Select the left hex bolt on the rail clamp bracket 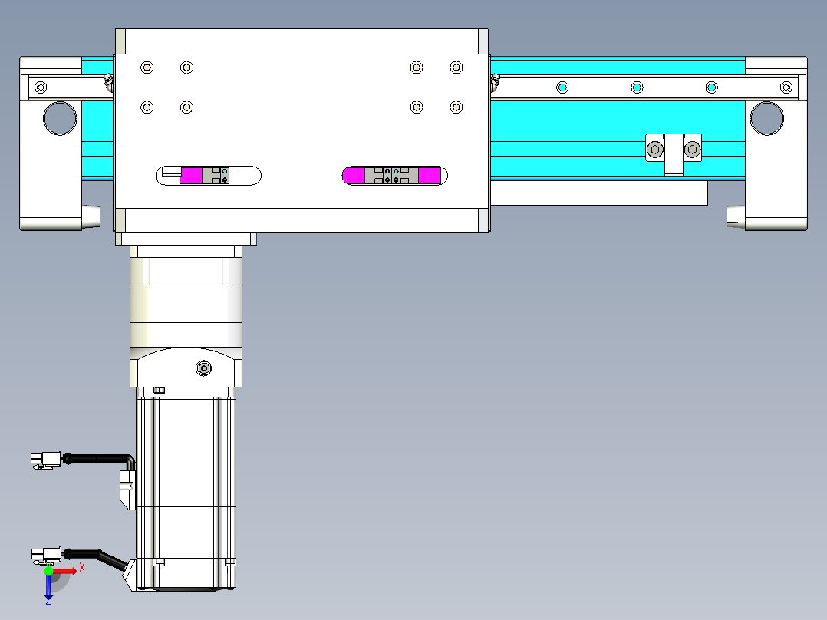click(x=655, y=150)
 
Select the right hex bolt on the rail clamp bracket click(x=692, y=150)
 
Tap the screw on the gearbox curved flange click(x=203, y=368)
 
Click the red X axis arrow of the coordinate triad click(x=64, y=571)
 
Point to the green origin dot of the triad click(x=48, y=571)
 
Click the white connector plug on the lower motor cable click(x=46, y=555)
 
